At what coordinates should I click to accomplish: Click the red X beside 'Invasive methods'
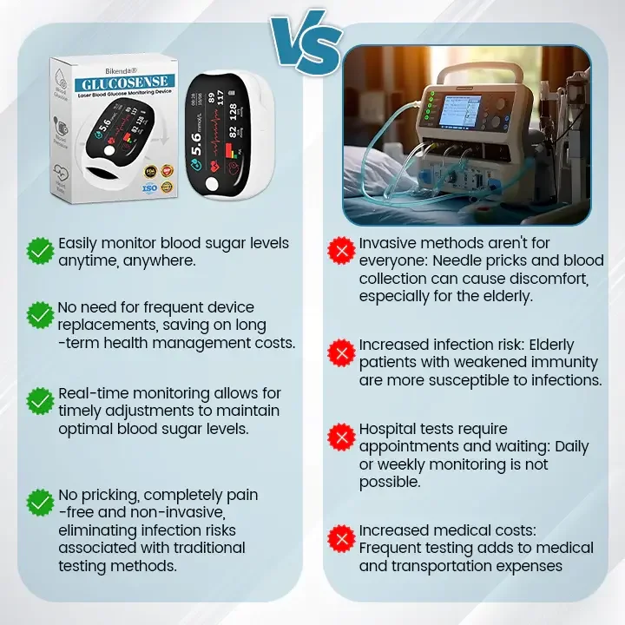pyautogui.click(x=341, y=252)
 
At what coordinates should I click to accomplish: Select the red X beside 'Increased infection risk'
pyautogui.click(x=341, y=352)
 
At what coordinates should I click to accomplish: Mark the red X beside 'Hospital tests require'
pyautogui.click(x=341, y=437)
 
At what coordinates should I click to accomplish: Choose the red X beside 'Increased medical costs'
pyautogui.click(x=341, y=538)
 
